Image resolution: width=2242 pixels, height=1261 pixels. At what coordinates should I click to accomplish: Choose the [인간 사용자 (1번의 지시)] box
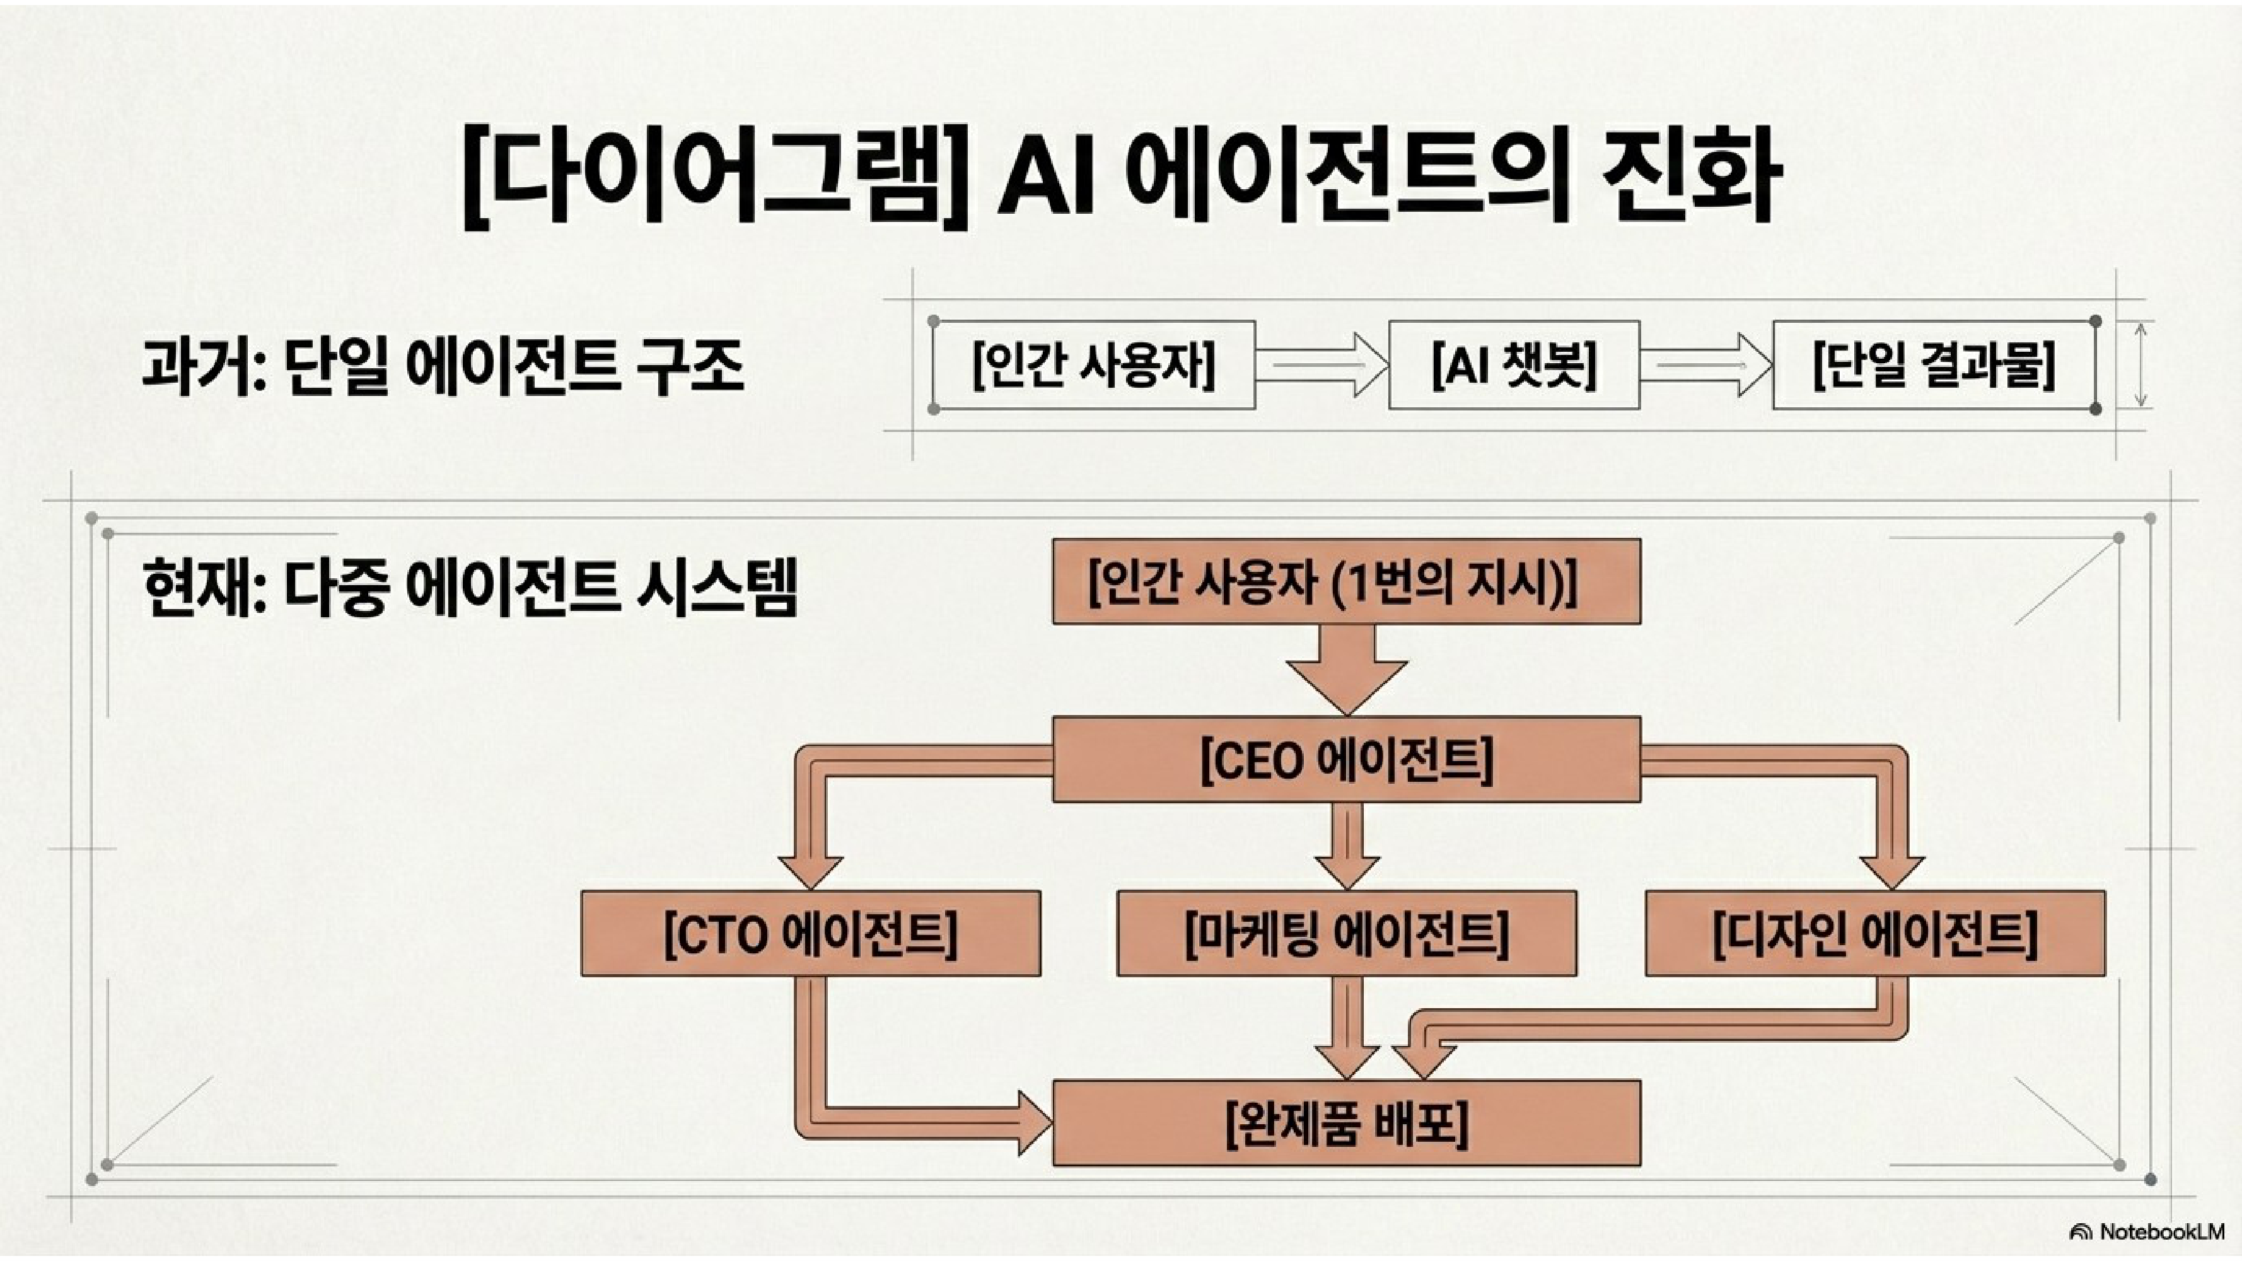(1347, 581)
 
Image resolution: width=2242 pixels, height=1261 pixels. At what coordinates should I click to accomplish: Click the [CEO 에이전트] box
(1347, 760)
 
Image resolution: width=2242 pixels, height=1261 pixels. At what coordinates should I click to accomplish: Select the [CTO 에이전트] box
(810, 934)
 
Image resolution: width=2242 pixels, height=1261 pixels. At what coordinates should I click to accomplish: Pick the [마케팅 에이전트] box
(1347, 934)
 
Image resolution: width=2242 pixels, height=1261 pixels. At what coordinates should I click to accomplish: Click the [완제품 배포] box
(1347, 1124)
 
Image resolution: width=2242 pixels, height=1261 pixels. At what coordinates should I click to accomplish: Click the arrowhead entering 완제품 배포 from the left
(1034, 1124)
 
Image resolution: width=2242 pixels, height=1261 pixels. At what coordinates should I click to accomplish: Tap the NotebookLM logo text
(2160, 1231)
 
